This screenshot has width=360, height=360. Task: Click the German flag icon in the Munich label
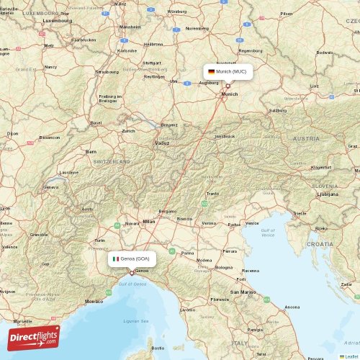[211, 72]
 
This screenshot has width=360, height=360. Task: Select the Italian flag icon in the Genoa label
[115, 258]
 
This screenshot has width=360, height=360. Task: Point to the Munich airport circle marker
[228, 86]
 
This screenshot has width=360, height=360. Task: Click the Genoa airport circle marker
[132, 273]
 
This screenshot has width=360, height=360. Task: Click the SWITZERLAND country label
[112, 162]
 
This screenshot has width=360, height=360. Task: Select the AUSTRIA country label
[306, 138]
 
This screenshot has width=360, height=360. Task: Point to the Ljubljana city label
[327, 194]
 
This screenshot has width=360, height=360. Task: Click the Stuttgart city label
[151, 63]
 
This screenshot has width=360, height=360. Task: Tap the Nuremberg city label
[197, 29]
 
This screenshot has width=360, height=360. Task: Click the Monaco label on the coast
[94, 301]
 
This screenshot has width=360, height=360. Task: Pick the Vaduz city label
[162, 143]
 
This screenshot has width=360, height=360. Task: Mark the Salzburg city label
[277, 110]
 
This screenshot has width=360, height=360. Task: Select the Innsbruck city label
[225, 136]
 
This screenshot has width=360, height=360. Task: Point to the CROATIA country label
[320, 244]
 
